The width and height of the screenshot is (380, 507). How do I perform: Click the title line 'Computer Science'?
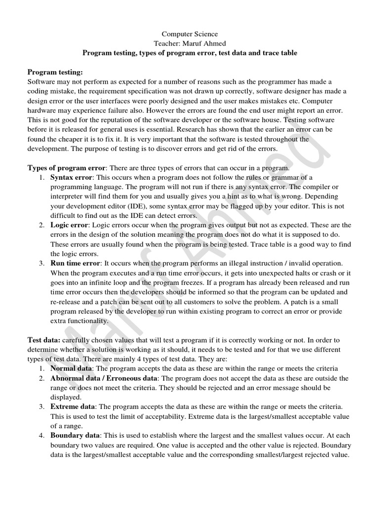point(190,34)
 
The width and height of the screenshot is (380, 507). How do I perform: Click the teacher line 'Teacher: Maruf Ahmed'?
point(190,43)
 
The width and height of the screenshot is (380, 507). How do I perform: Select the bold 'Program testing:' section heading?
point(55,72)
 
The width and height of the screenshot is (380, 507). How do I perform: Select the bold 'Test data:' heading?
point(44,340)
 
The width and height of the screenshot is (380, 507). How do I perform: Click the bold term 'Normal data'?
point(71,368)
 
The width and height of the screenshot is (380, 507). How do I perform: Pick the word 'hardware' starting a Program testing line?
point(42,110)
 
